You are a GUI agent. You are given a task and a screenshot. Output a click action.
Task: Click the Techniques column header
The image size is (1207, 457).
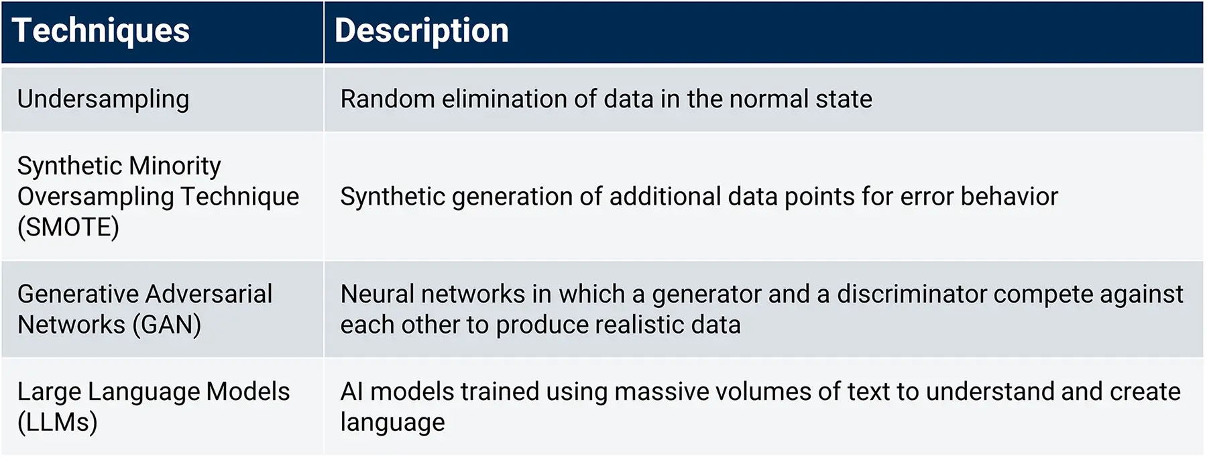(x=101, y=31)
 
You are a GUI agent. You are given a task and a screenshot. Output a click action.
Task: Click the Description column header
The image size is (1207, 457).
(x=421, y=31)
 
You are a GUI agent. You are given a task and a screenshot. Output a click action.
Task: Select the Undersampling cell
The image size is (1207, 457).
(x=103, y=99)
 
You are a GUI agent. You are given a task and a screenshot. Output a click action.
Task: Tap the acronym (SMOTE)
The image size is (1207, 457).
(x=68, y=227)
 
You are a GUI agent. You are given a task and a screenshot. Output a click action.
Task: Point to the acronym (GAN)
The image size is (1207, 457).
(x=166, y=325)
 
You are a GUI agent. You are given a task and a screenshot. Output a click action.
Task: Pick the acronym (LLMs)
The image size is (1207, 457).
(x=58, y=422)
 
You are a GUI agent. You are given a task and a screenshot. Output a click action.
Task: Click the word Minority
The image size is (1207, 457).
(x=175, y=166)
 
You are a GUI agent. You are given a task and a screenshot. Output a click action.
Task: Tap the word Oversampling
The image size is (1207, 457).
(x=96, y=197)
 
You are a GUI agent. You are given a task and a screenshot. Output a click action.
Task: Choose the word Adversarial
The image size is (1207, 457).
(x=209, y=294)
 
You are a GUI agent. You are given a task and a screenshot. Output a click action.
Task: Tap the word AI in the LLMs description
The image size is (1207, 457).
(x=352, y=392)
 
